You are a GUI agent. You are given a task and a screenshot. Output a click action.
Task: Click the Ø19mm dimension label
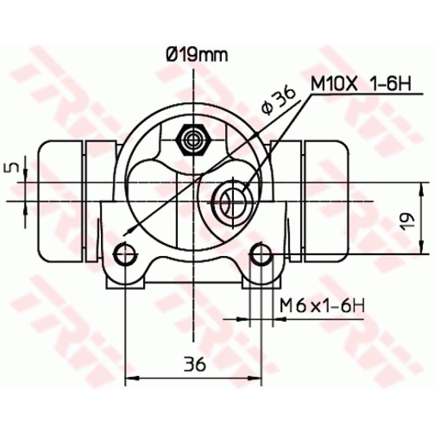(x=196, y=55)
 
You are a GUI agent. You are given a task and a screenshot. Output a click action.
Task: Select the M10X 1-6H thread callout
(x=361, y=84)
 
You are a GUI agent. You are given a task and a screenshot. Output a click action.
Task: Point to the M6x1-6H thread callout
(x=322, y=306)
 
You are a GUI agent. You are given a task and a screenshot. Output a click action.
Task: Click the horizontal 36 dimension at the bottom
(x=194, y=365)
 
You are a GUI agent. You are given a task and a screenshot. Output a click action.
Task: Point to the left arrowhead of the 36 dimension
(x=130, y=379)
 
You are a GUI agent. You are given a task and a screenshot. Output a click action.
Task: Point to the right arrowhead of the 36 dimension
(x=257, y=379)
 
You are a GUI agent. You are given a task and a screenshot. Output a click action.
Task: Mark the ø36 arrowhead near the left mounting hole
(x=127, y=232)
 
